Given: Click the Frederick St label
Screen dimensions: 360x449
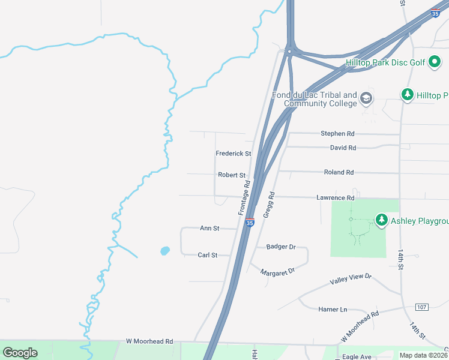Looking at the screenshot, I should point(233,154).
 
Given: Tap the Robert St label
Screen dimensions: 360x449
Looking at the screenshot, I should point(232,175).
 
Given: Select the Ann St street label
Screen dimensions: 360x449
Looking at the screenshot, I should point(209,229).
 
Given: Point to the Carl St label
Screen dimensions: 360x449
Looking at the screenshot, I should point(207,255).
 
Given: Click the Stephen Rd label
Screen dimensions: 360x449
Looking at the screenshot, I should point(337,133).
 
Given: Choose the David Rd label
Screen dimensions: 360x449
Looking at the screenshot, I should point(343,148).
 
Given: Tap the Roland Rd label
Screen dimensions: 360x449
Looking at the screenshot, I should point(339,172).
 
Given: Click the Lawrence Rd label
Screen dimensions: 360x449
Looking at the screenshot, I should point(335,197).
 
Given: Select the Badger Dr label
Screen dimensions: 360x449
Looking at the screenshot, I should point(281,247).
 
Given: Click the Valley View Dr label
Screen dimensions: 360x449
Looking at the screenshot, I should point(351,280).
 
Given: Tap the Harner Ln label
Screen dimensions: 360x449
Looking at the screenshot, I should point(333,310).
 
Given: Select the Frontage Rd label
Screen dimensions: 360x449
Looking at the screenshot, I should point(244,199).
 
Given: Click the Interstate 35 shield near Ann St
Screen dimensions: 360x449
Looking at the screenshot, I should point(250,223).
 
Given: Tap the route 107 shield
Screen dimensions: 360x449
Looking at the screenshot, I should point(421,307).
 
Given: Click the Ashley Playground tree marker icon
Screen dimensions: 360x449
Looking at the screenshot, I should point(381,221).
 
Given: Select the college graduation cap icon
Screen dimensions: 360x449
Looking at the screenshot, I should point(366,98).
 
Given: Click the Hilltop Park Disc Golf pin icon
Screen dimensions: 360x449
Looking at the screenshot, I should point(435,62).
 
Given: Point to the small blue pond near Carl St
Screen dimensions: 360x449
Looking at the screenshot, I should point(165,251).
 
